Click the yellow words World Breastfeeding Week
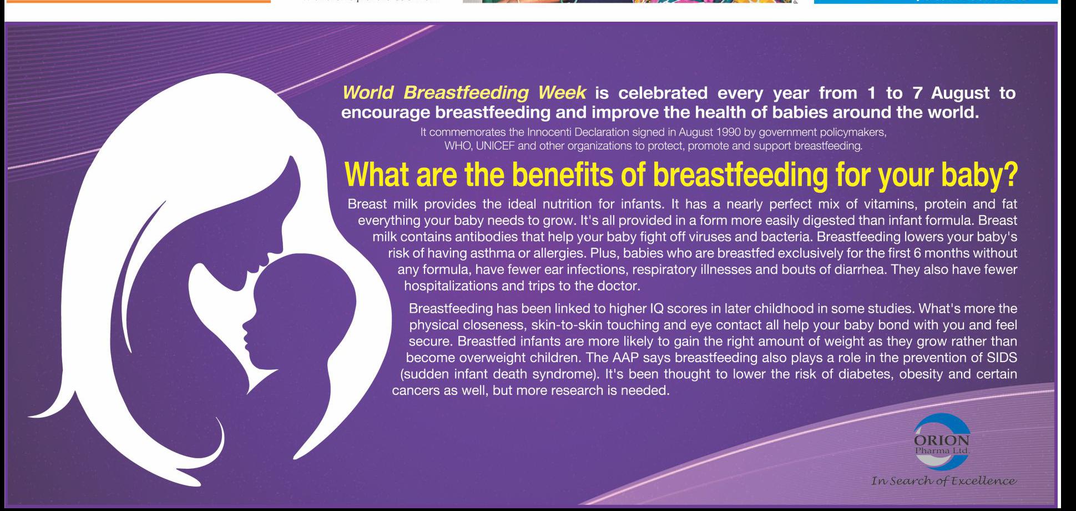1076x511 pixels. pos(464,93)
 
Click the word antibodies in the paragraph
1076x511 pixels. pos(484,237)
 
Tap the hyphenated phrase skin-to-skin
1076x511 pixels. pos(566,325)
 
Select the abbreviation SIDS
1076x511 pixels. pos(1002,357)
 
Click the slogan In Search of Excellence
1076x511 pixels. pos(944,480)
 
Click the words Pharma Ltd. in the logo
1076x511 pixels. pos(942,450)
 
